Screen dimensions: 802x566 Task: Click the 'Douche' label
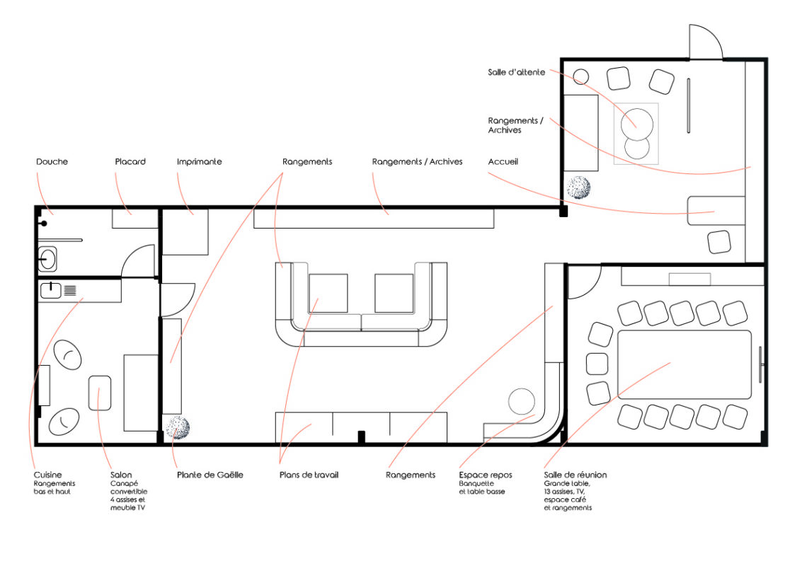(52, 161)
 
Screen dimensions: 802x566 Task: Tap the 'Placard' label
(130, 161)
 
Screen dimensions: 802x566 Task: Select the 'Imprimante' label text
(200, 161)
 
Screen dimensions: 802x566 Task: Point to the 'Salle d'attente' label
(516, 72)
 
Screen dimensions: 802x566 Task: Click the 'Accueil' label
(503, 161)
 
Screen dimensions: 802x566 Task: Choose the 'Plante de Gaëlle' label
(210, 475)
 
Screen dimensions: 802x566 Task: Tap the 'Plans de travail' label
(309, 475)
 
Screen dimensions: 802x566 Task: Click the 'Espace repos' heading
(486, 475)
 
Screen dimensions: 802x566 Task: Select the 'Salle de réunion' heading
(575, 475)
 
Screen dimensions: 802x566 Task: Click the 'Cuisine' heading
(47, 475)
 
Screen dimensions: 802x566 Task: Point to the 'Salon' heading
(121, 475)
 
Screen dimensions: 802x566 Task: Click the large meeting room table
(684, 364)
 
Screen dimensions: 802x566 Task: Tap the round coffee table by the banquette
(522, 401)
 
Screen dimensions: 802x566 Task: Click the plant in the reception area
(579, 187)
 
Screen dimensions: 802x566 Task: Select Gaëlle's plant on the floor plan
(178, 427)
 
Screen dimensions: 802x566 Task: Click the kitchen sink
(51, 290)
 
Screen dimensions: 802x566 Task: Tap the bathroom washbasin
(47, 259)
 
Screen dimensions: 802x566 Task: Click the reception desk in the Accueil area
(716, 210)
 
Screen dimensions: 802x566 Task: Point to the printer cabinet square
(185, 231)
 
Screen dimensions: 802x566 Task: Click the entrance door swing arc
(713, 33)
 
